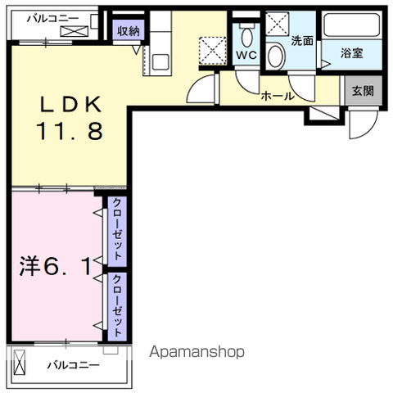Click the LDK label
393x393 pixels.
(x=70, y=104)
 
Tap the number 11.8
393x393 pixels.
(x=70, y=131)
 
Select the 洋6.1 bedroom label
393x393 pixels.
(x=56, y=267)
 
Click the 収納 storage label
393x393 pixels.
(x=129, y=31)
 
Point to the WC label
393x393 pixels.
(x=246, y=55)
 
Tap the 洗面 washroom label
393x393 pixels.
(x=302, y=41)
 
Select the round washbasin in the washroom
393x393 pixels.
(x=276, y=56)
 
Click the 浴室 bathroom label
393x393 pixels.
(x=351, y=53)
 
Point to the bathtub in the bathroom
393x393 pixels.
(x=351, y=25)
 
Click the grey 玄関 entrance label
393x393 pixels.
(x=363, y=91)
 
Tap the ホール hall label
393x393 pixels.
(x=278, y=96)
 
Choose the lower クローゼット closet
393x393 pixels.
(x=117, y=307)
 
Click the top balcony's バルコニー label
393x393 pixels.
(x=52, y=19)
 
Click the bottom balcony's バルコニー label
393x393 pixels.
(x=73, y=365)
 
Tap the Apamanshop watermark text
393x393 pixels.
(x=196, y=352)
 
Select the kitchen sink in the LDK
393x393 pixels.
(x=160, y=61)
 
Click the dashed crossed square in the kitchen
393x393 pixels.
(x=212, y=51)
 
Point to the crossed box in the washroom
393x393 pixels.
(x=277, y=24)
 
